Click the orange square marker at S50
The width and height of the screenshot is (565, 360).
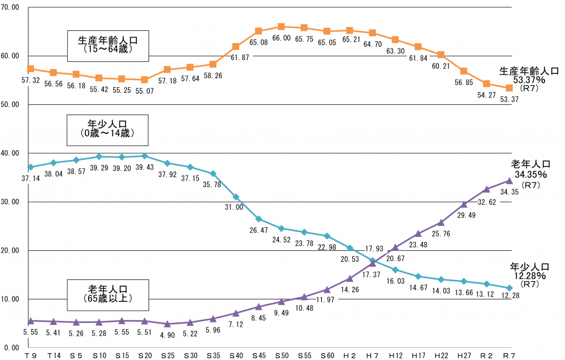click(x=281, y=27)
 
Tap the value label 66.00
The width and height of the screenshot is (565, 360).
click(x=281, y=38)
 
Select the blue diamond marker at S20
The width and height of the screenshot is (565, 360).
click(x=144, y=156)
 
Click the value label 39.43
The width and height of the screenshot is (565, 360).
click(x=144, y=167)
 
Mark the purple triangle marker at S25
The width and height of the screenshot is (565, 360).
click(x=167, y=324)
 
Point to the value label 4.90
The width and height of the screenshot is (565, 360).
click(x=167, y=335)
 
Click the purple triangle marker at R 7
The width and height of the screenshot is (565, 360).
click(x=509, y=180)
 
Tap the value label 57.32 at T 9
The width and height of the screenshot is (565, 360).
click(x=30, y=80)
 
